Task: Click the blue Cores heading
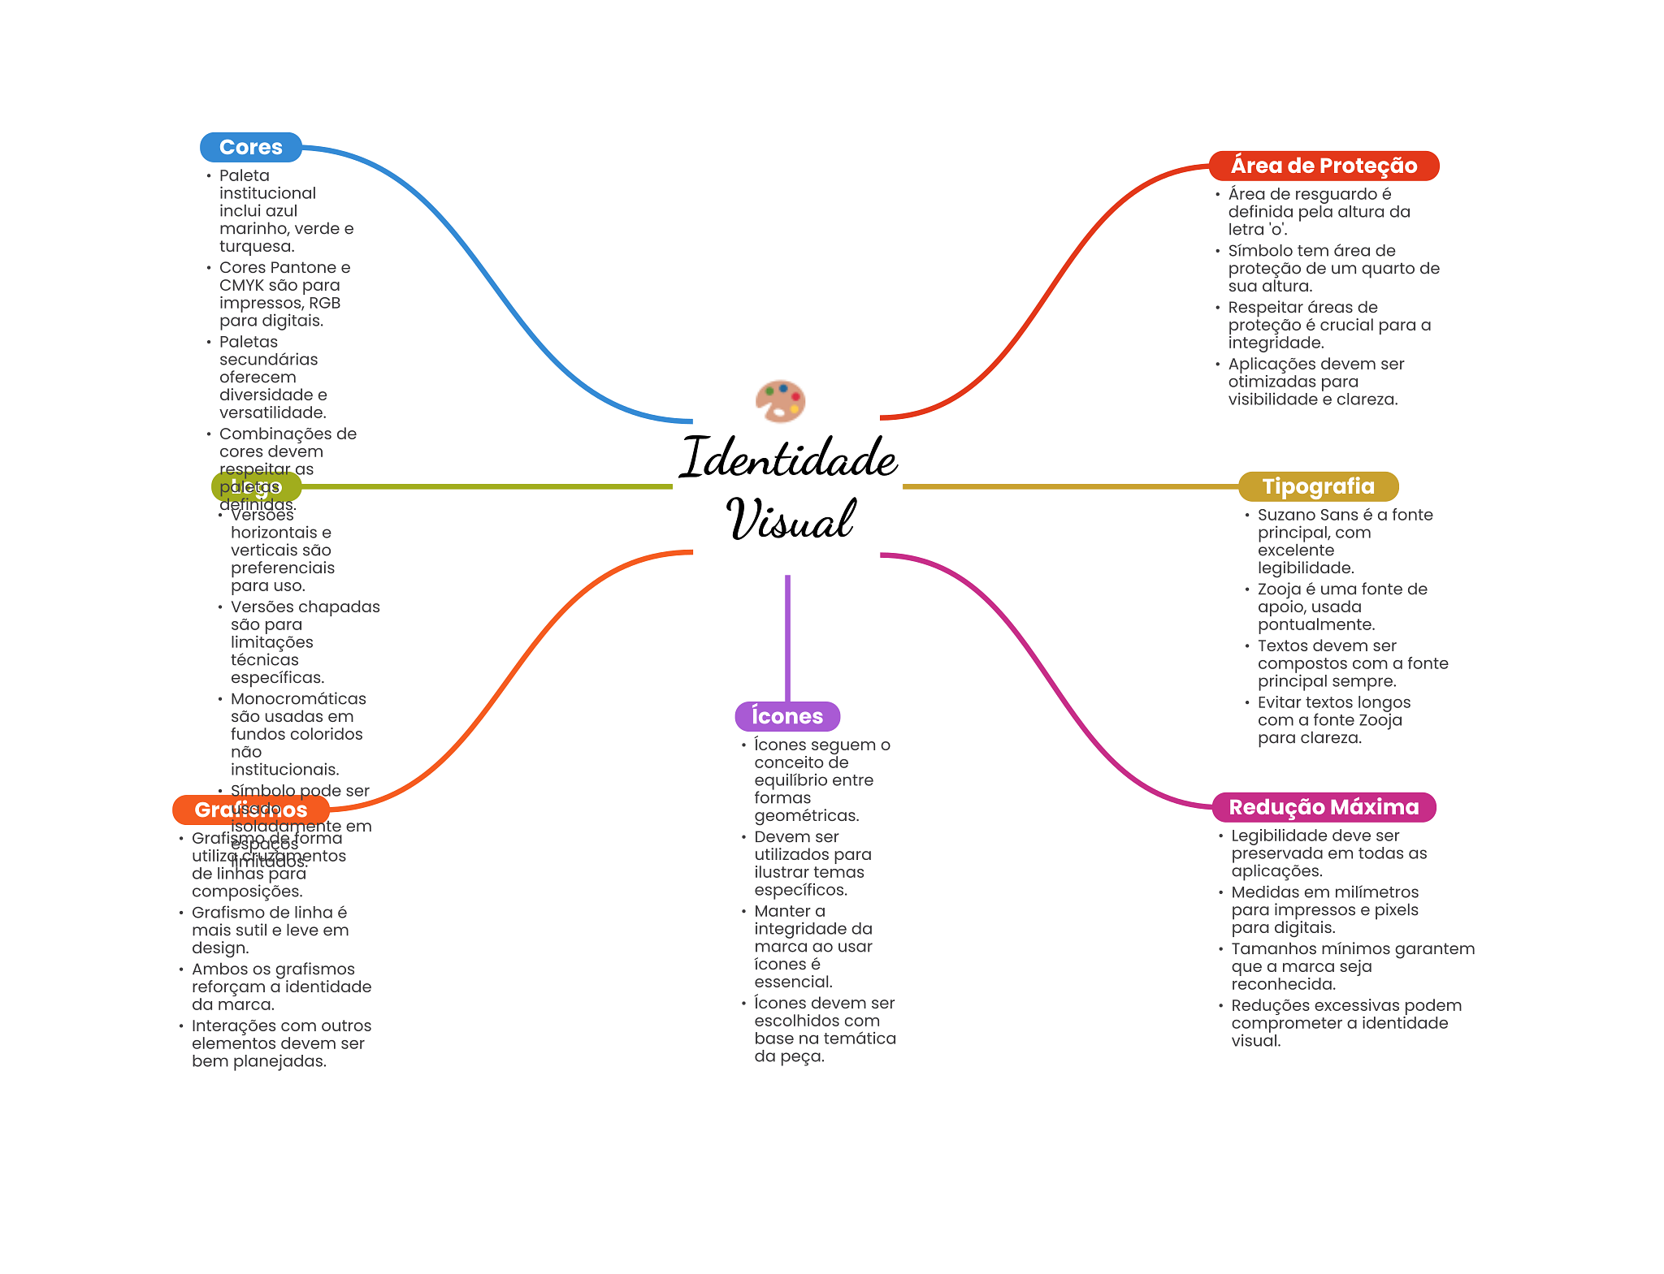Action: [250, 147]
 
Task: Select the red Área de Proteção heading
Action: [1323, 166]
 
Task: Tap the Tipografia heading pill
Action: [1317, 486]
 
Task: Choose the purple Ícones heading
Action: [786, 716]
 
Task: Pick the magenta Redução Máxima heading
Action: [1323, 807]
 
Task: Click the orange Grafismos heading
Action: [250, 810]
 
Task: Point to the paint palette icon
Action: [780, 401]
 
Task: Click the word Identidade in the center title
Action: [788, 458]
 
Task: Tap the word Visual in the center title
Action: [790, 520]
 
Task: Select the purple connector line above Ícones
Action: [787, 637]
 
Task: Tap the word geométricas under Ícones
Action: [804, 816]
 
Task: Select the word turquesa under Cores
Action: [255, 246]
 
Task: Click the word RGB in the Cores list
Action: [323, 303]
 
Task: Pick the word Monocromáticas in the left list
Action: [298, 699]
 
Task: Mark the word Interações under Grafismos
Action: [233, 1026]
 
